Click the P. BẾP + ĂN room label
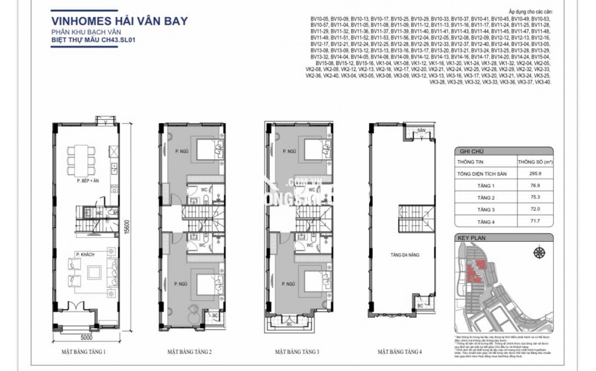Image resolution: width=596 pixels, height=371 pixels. (x=86, y=179)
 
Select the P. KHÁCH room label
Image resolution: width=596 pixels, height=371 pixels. (x=83, y=254)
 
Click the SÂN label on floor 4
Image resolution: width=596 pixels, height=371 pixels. (x=420, y=131)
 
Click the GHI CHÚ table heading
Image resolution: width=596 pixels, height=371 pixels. (x=469, y=151)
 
